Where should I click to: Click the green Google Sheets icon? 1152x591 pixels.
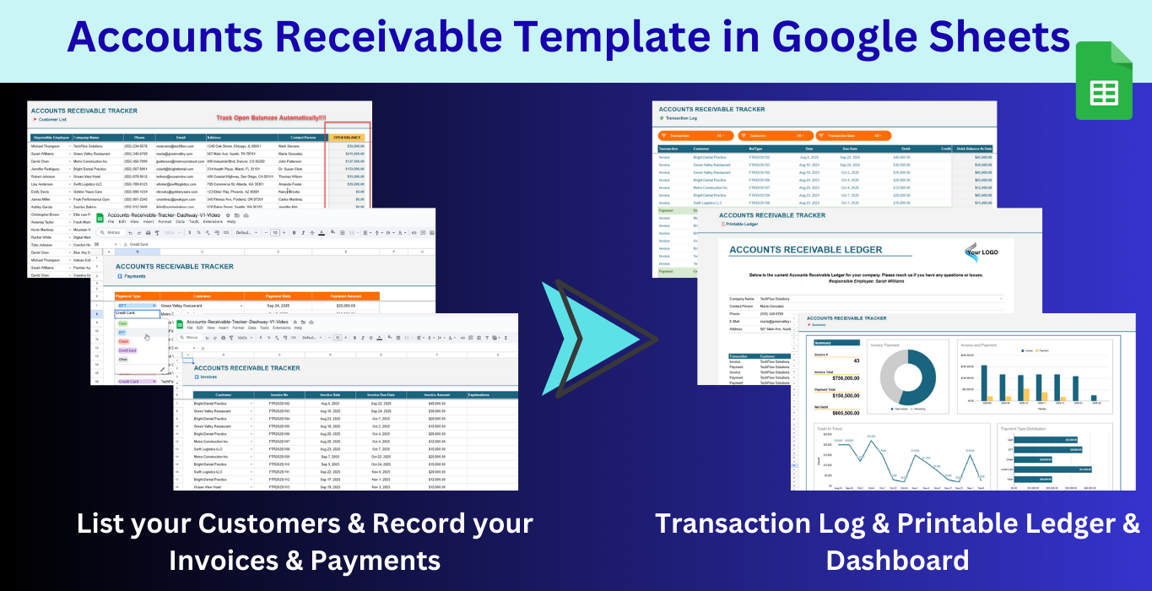[x=1103, y=81]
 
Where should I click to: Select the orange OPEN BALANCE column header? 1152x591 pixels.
[x=347, y=137]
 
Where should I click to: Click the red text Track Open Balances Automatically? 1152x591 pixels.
[x=270, y=118]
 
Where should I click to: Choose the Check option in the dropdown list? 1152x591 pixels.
[x=124, y=341]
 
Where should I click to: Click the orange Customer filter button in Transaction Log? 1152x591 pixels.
[x=775, y=135]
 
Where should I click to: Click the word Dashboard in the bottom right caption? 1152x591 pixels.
[x=897, y=560]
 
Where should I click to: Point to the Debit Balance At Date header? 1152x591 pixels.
[x=974, y=148]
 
